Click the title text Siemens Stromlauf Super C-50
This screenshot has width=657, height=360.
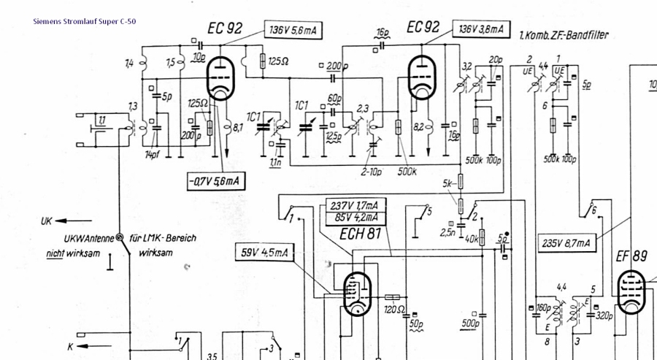click(84, 21)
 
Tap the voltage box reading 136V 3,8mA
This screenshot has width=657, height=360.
click(480, 29)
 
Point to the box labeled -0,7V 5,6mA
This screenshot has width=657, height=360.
click(215, 180)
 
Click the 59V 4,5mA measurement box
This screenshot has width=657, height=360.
click(264, 253)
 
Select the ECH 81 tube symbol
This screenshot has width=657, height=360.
click(356, 293)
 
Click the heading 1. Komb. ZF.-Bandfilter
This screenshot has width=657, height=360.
click(563, 35)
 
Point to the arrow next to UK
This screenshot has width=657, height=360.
click(76, 220)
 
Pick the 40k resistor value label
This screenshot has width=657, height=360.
click(471, 239)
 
